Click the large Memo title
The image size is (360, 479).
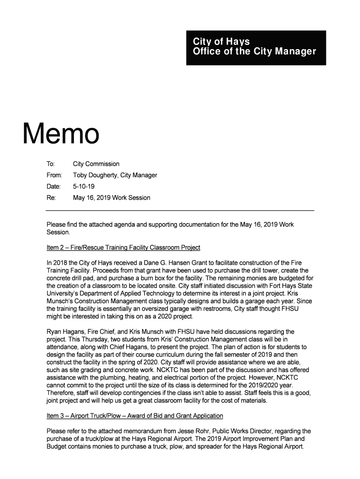click(61, 133)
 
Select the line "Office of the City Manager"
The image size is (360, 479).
click(254, 51)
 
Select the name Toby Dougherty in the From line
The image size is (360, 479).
click(95, 175)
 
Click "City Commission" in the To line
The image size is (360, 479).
click(96, 164)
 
